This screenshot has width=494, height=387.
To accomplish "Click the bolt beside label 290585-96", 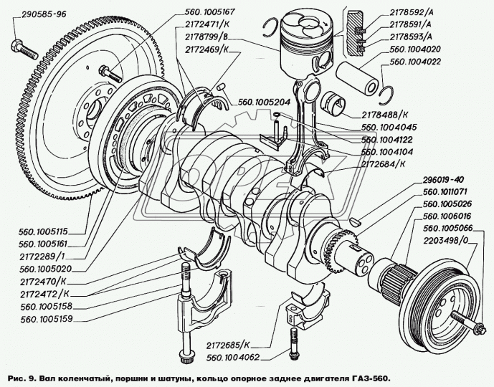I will (x=24, y=51).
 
